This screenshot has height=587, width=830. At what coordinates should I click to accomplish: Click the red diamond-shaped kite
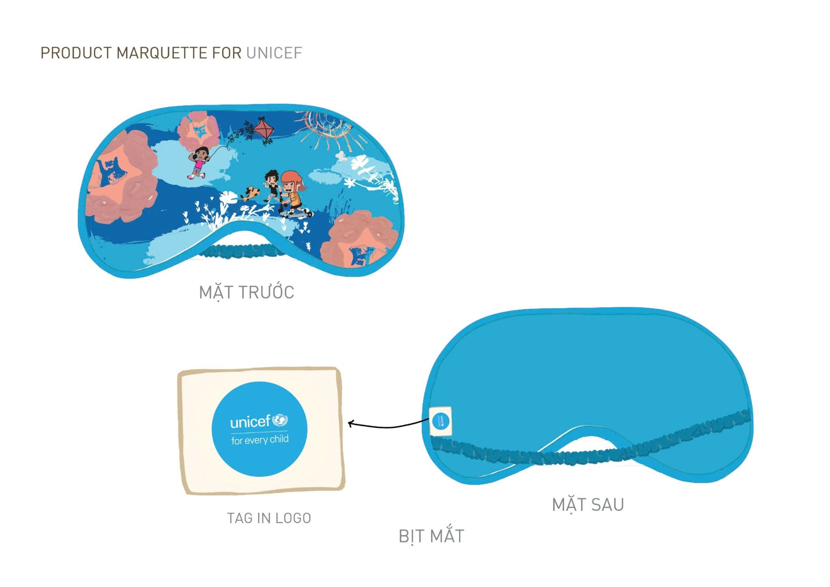click(x=263, y=129)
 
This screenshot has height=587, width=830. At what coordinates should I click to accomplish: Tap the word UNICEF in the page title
click(x=274, y=53)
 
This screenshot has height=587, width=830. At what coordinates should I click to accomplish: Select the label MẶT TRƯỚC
click(x=246, y=292)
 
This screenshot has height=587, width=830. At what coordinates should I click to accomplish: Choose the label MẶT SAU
click(x=588, y=505)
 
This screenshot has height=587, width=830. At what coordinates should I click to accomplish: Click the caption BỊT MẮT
click(x=431, y=536)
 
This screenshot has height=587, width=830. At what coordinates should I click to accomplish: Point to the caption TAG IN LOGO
click(x=269, y=518)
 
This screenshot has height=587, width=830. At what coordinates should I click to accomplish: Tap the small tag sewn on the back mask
click(x=440, y=421)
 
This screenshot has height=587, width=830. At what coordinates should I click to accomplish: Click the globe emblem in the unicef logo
click(x=280, y=420)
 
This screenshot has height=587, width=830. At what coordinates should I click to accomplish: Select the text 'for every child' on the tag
click(x=260, y=440)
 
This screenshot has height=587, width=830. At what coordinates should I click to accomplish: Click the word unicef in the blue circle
click(x=250, y=422)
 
